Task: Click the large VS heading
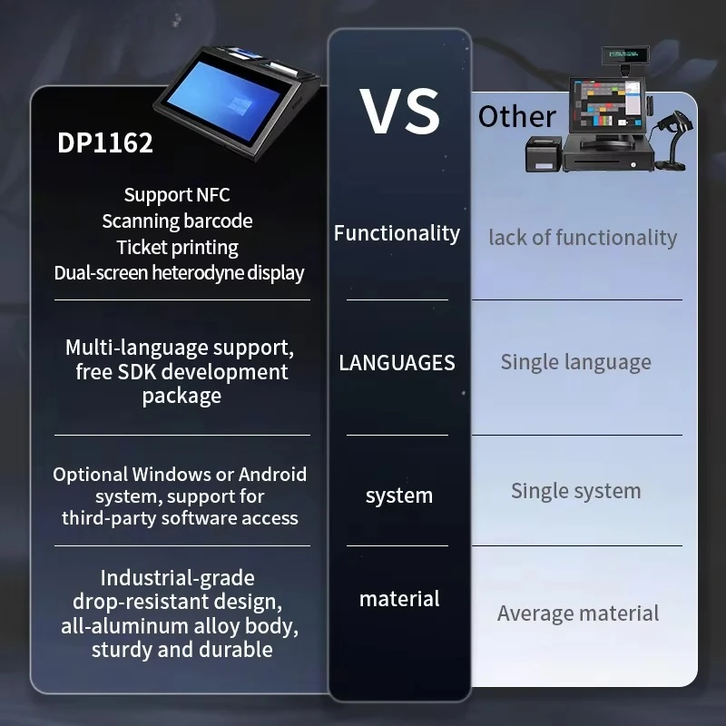click(x=399, y=112)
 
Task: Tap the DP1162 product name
click(x=105, y=142)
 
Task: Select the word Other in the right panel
click(x=517, y=116)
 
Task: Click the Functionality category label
click(x=397, y=233)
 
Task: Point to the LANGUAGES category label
click(x=397, y=362)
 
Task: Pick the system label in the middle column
click(x=399, y=495)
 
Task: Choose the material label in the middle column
click(x=399, y=599)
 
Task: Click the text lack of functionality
click(x=583, y=238)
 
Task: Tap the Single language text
click(x=576, y=362)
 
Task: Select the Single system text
click(x=576, y=491)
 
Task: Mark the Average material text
click(x=578, y=613)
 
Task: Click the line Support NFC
click(x=177, y=195)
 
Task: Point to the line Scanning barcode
click(x=177, y=221)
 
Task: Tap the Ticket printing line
click(x=177, y=248)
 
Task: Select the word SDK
click(x=137, y=372)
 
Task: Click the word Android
click(x=272, y=474)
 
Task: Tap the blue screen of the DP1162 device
click(x=224, y=102)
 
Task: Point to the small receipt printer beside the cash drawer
click(x=543, y=154)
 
